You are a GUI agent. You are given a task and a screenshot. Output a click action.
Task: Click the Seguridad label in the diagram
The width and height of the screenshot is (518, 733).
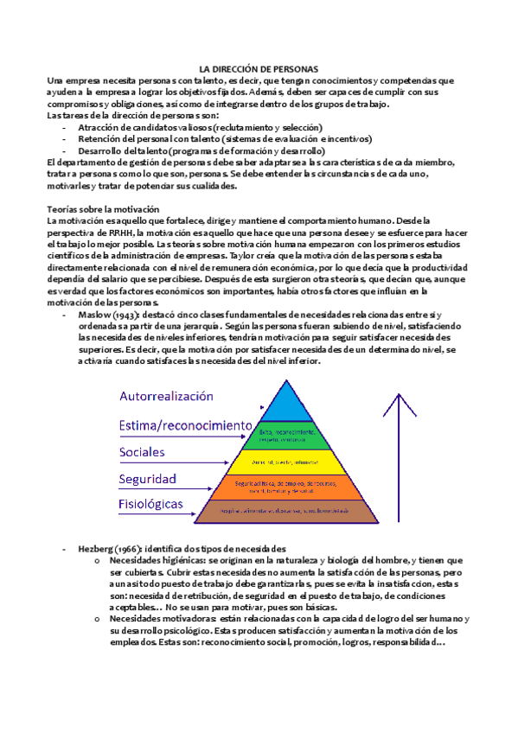point(148,479)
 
